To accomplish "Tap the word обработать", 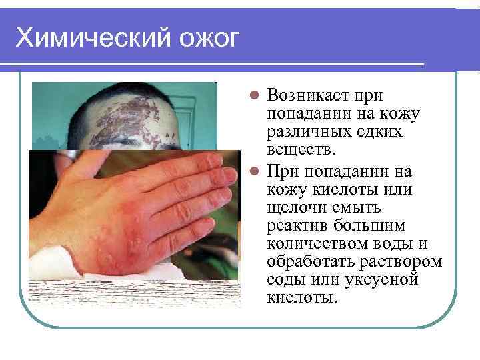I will click(x=311, y=261).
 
